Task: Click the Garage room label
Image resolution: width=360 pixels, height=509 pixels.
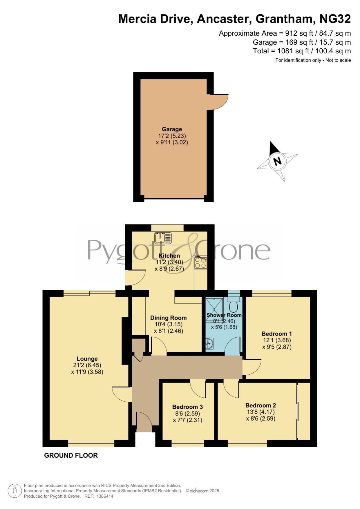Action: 172,129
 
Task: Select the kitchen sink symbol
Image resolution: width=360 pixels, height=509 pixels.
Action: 163,238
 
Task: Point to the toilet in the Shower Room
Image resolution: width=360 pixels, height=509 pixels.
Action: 233,302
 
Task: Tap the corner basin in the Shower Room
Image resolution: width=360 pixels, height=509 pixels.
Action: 209,344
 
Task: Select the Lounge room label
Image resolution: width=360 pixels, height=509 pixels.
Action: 87,359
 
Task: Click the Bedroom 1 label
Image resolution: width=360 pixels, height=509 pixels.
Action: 277,334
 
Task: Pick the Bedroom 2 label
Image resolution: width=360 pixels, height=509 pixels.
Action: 260,405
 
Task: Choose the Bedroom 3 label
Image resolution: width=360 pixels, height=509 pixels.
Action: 187,407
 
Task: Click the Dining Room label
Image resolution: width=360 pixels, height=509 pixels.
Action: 168,318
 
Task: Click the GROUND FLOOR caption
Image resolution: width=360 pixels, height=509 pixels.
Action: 71,455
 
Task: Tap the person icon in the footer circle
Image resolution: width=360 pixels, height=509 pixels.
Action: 15,491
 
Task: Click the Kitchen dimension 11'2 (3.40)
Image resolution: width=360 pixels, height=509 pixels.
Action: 169,262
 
